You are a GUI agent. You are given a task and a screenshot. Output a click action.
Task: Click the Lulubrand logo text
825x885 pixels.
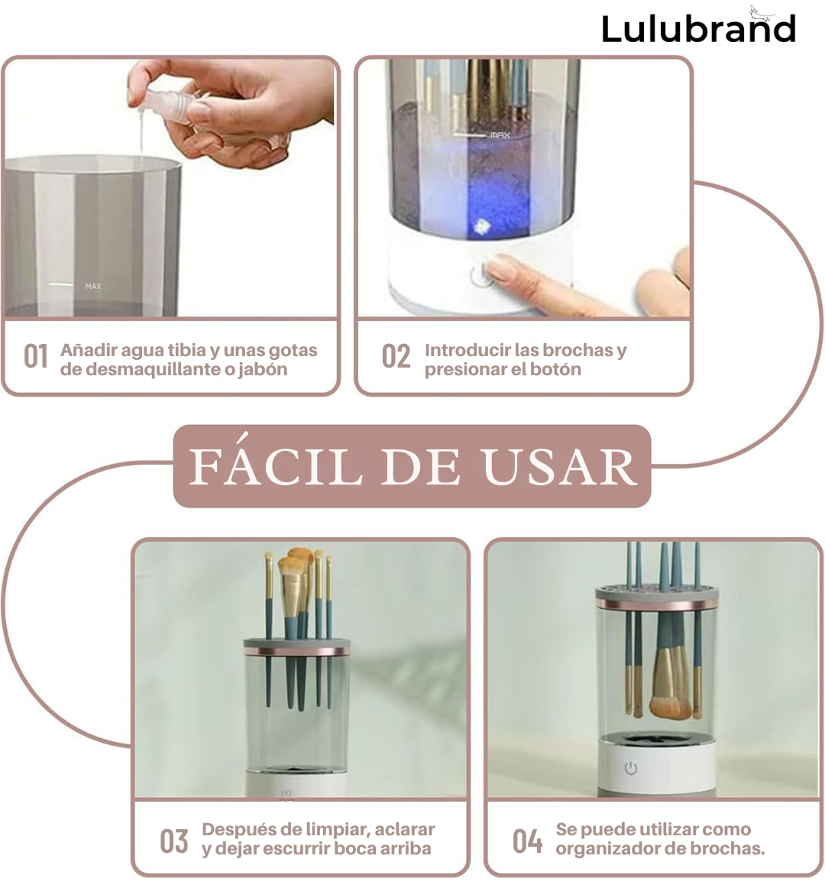699,29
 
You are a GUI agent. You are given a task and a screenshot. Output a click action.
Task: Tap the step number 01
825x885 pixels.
36,357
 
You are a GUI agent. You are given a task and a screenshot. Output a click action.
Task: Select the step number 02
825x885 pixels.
396,357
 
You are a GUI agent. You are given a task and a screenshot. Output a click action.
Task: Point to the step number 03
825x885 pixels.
174,841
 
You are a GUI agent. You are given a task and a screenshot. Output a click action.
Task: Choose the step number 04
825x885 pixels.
527,841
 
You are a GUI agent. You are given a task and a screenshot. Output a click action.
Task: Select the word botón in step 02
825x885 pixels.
555,369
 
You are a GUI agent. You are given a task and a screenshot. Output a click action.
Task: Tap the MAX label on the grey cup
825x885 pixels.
93,286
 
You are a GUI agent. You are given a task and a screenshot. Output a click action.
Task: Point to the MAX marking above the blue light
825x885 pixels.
500,135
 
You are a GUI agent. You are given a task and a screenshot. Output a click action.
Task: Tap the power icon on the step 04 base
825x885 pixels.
630,768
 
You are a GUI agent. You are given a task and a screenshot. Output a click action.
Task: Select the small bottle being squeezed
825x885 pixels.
170,106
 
